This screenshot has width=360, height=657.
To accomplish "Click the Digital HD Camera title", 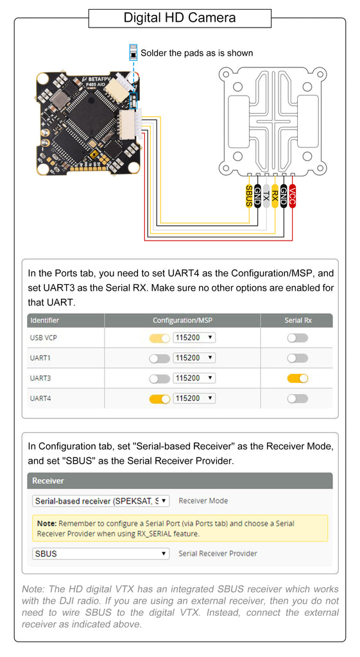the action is tap(180, 17).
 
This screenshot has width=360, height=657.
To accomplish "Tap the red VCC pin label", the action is tap(293, 196).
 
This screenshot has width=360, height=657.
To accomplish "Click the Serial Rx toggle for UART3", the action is tap(298, 379).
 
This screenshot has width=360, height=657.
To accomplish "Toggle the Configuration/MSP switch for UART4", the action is tap(160, 399).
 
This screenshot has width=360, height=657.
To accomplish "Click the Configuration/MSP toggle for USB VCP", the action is tap(160, 338).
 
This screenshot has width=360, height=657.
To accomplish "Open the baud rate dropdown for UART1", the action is tap(194, 358).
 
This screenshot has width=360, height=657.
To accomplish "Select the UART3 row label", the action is tap(40, 378).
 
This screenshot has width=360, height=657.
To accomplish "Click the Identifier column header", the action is tap(44, 320).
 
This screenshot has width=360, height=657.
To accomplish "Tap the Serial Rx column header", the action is tap(298, 320).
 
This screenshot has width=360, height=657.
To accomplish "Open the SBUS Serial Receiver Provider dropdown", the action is tap(101, 554).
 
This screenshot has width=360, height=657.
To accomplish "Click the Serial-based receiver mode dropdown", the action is tap(101, 500).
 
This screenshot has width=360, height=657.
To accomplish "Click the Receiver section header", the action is tap(48, 481).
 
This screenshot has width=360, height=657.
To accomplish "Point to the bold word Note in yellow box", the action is tap(46, 524).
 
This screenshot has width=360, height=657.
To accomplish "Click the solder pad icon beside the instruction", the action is tap(133, 53).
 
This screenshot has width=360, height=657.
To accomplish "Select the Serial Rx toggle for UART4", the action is tap(298, 399).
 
